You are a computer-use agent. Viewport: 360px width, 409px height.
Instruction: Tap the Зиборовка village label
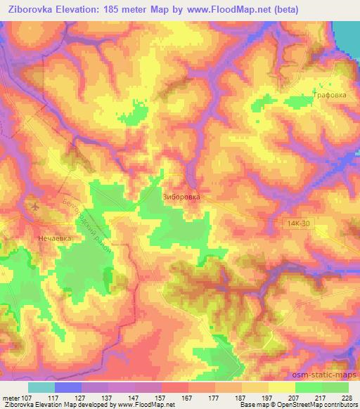[x=181, y=197]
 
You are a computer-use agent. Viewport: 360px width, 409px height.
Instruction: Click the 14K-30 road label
[x=298, y=223]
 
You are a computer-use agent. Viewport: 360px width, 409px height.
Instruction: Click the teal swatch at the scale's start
[x=41, y=387]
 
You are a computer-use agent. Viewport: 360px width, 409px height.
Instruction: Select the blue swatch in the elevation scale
[x=68, y=387]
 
